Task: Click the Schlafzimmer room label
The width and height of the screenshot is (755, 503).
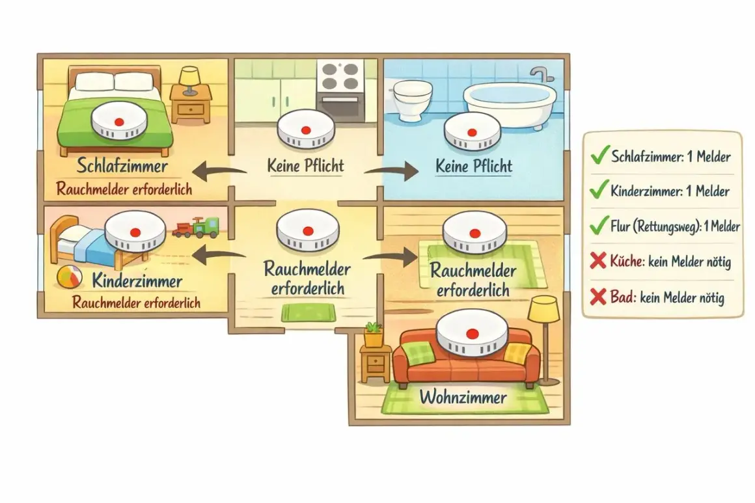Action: point(122,166)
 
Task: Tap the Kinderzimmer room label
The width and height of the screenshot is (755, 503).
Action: point(137,280)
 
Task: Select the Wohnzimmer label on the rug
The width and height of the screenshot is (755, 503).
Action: point(463,397)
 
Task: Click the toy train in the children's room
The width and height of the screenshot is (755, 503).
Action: point(195,228)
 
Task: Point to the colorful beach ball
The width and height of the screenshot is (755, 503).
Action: point(70,279)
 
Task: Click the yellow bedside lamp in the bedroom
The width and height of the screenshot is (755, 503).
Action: point(189,80)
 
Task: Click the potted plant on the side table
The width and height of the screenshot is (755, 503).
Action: point(373,334)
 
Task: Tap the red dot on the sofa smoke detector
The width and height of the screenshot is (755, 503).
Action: point(471,333)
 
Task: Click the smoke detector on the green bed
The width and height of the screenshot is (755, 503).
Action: point(119,120)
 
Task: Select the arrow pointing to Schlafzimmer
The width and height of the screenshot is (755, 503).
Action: point(219,172)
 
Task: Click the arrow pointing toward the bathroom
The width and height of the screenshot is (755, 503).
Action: point(391,171)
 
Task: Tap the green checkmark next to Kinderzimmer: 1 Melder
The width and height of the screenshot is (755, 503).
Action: point(599,190)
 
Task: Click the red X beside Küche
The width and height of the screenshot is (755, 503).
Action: point(598,261)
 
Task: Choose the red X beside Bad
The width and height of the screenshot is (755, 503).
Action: point(598,297)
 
